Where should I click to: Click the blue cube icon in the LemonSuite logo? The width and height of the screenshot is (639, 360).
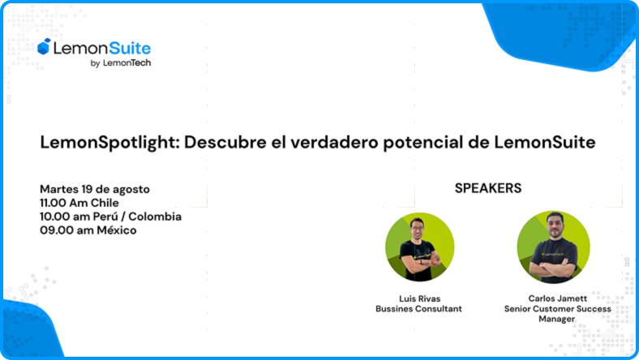pyautogui.click(x=44, y=46)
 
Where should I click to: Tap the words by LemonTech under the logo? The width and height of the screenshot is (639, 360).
pyautogui.click(x=121, y=62)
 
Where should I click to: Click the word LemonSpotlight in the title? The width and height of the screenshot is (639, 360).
pyautogui.click(x=110, y=143)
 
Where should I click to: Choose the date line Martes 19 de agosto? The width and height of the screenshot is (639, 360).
pyautogui.click(x=95, y=189)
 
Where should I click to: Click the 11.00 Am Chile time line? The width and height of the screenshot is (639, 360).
pyautogui.click(x=79, y=203)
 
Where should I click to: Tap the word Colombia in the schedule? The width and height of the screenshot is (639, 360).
pyautogui.click(x=155, y=216)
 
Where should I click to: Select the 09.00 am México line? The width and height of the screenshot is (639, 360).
pyautogui.click(x=88, y=230)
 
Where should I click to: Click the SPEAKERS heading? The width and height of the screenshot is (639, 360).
pyautogui.click(x=488, y=188)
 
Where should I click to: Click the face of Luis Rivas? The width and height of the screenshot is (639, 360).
pyautogui.click(x=418, y=229)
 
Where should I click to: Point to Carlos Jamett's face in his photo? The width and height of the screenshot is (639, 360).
pyautogui.click(x=555, y=227)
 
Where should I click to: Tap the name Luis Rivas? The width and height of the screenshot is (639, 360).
pyautogui.click(x=420, y=299)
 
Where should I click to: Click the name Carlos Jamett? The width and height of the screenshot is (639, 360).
pyautogui.click(x=557, y=298)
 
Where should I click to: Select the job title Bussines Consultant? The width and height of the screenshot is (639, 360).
pyautogui.click(x=419, y=309)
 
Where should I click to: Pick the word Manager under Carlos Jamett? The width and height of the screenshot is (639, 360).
pyautogui.click(x=556, y=319)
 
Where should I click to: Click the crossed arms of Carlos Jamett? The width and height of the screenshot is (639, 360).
pyautogui.click(x=554, y=268)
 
